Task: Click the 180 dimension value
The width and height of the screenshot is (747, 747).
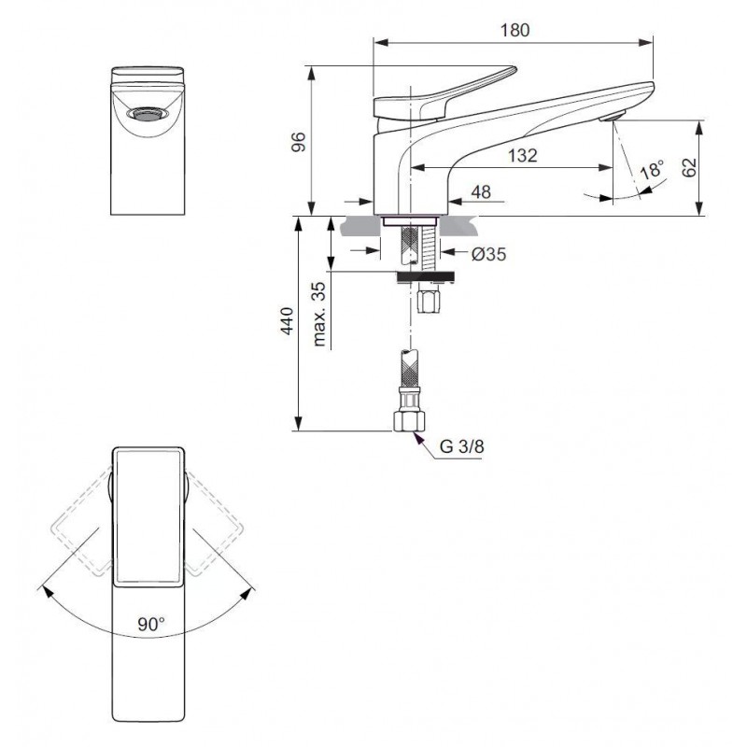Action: [x=514, y=31]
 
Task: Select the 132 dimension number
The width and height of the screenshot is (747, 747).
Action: [x=522, y=155]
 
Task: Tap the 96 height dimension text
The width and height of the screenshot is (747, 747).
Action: [x=298, y=142]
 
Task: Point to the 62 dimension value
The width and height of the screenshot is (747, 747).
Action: [x=689, y=167]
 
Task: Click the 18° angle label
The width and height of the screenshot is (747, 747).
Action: [x=652, y=169]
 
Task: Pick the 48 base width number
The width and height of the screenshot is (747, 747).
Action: [x=481, y=192]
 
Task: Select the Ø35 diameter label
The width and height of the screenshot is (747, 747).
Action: [x=488, y=254]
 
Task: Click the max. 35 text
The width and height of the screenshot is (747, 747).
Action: [x=319, y=314]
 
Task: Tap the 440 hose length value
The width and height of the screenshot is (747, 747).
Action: [x=287, y=321]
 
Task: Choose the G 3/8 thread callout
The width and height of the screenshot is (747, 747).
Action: [x=461, y=446]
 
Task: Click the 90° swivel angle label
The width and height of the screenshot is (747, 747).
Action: [x=151, y=624]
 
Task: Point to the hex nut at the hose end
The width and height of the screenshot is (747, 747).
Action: [x=409, y=422]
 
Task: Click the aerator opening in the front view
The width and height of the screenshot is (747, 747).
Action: [x=148, y=114]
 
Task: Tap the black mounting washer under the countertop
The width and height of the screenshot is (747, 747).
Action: [x=426, y=275]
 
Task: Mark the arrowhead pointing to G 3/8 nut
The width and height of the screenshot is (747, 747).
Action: [x=418, y=437]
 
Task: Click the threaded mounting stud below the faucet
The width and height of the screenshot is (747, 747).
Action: [x=430, y=247]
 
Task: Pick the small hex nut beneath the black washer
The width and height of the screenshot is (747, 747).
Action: [x=430, y=299]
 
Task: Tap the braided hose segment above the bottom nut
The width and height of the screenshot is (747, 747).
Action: [x=409, y=369]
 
